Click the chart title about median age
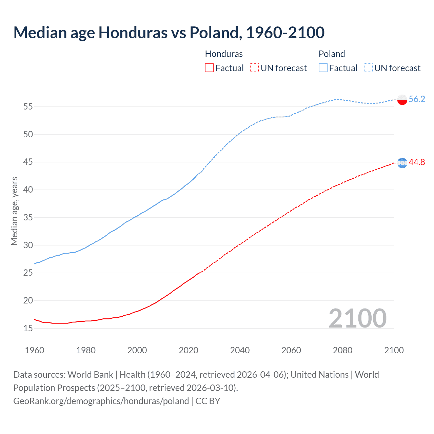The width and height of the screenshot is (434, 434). click(169, 33)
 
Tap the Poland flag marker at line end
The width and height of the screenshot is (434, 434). click(402, 99)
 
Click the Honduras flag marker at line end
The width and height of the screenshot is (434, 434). click(402, 163)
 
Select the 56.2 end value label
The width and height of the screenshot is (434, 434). click(417, 99)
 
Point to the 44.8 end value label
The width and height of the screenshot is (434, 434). click(417, 162)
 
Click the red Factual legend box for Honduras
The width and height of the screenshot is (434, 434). click(209, 68)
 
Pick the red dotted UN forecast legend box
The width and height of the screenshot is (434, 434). click(254, 68)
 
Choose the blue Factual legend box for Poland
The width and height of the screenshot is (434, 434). click(323, 68)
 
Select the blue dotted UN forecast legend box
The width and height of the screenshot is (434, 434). click(368, 68)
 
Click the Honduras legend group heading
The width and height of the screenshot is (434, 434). click(224, 54)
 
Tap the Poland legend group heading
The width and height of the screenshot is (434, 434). click(332, 54)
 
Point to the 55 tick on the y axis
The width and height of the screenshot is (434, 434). click(28, 107)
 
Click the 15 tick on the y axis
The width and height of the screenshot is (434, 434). click(28, 328)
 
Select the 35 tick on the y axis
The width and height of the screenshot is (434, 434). click(28, 217)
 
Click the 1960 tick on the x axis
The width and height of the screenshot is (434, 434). click(35, 350)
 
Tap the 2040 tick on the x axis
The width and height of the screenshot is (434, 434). click(240, 350)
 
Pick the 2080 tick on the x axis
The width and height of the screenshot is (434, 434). click(342, 350)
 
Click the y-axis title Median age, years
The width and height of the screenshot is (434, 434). click(14, 211)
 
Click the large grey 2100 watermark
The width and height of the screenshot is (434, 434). click(357, 318)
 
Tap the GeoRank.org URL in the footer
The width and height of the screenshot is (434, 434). click(101, 401)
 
